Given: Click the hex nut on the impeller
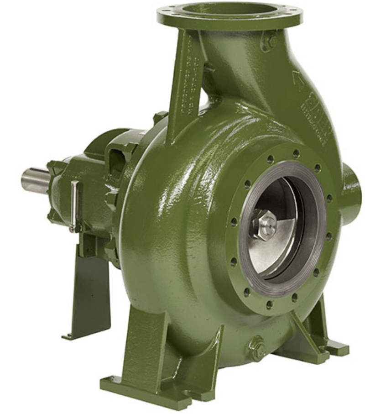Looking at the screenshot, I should pyautogui.click(x=264, y=225).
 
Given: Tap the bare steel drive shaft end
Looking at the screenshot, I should pyautogui.click(x=35, y=180).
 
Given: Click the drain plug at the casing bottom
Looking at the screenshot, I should pyautogui.click(x=258, y=348).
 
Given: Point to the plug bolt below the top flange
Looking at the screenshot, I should pyautogui.click(x=269, y=42).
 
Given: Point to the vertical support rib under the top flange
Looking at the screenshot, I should pyautogui.click(x=182, y=87).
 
